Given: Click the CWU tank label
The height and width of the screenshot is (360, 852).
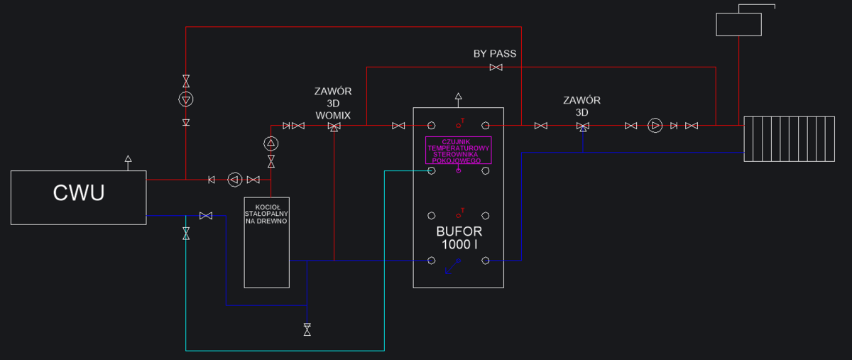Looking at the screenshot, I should [x=79, y=193].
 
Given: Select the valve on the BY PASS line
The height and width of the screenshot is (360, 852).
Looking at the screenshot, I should [x=496, y=67].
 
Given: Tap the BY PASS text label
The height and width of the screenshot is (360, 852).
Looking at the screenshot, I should [x=495, y=54].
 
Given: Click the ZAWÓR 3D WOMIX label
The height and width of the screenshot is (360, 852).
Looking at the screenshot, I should [x=333, y=103].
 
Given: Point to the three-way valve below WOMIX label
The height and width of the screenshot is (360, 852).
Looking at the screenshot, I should [x=333, y=126].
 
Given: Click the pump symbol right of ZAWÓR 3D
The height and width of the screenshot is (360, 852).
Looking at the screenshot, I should [x=655, y=126].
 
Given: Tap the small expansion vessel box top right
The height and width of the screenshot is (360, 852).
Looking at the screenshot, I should [x=738, y=24].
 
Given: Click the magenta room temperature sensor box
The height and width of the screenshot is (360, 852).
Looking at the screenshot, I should [x=458, y=150].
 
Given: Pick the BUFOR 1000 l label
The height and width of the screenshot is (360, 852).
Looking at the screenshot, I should [x=458, y=239].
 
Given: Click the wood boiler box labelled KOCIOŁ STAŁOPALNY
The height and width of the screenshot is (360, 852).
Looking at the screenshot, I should [x=267, y=241].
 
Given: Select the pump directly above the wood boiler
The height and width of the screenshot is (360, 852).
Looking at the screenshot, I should [x=271, y=143].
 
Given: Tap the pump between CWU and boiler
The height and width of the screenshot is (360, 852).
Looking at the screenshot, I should [x=235, y=180].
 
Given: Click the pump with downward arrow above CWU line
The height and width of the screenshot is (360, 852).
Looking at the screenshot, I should [x=185, y=99].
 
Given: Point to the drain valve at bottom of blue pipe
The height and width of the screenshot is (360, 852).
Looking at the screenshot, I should [x=307, y=329].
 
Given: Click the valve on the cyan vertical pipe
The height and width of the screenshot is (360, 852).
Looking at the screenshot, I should [x=186, y=232].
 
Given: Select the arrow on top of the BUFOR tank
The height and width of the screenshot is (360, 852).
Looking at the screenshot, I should [x=458, y=97].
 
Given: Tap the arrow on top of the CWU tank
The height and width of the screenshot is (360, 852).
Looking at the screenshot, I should [x=128, y=159].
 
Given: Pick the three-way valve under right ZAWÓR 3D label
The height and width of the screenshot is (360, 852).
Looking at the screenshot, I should [x=582, y=126].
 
